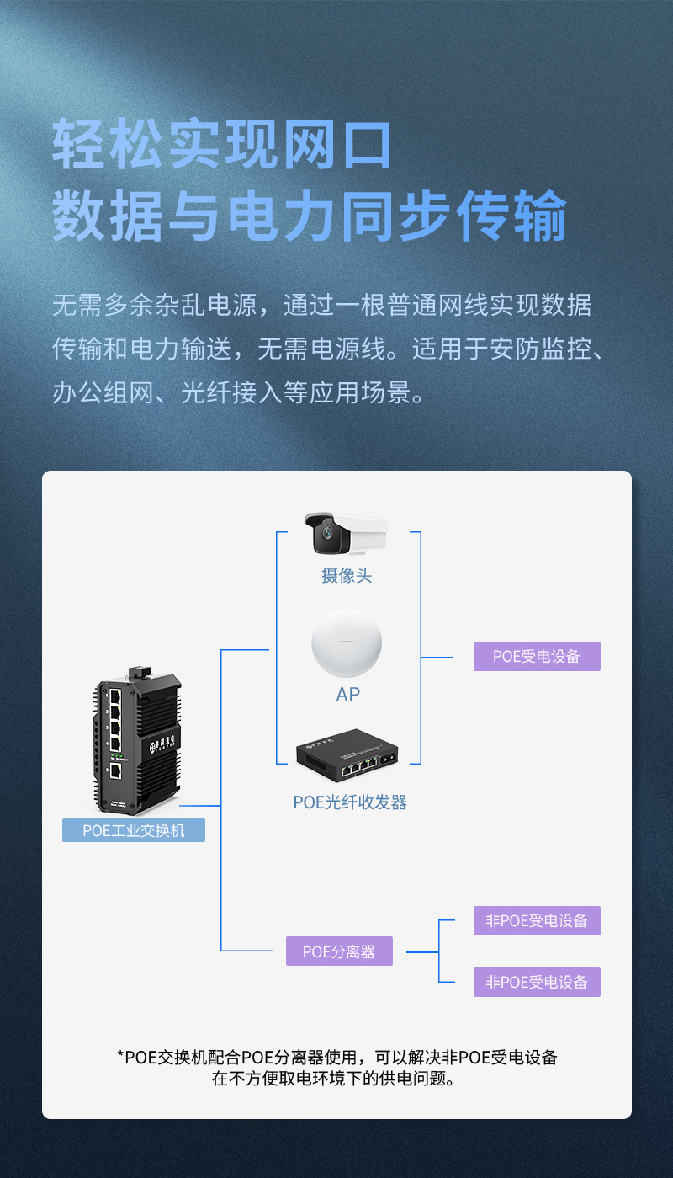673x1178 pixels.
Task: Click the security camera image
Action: click(x=346, y=534)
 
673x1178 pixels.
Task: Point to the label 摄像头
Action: click(x=346, y=576)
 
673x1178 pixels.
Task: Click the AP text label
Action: click(x=347, y=695)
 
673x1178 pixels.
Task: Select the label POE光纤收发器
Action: click(x=350, y=802)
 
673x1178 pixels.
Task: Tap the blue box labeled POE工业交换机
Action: click(x=134, y=830)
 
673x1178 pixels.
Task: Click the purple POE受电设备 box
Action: click(x=537, y=656)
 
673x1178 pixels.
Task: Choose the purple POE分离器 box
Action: click(x=339, y=951)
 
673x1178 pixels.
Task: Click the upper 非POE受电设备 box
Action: click(x=537, y=920)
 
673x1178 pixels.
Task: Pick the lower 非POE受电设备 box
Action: click(x=537, y=982)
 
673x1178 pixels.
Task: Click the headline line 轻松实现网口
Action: click(x=223, y=145)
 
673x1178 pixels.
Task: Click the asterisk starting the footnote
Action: click(x=120, y=1055)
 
